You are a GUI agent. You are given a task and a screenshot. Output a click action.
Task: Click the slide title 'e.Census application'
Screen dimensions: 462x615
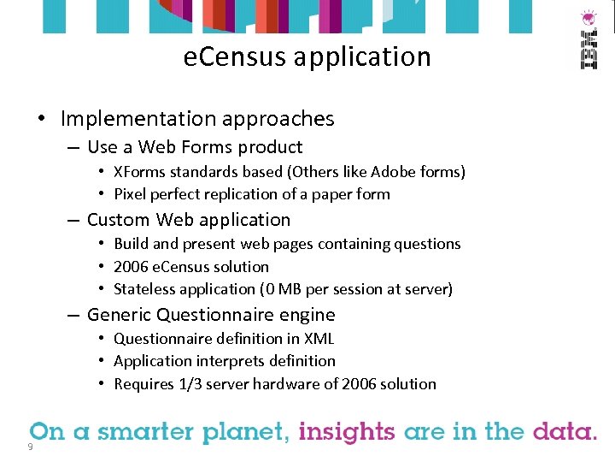307,57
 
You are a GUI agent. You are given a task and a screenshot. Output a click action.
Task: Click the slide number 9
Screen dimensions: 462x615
30,447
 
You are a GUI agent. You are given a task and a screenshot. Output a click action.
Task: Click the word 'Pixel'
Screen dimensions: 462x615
131,194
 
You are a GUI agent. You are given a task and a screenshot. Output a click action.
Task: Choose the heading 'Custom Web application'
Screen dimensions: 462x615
189,220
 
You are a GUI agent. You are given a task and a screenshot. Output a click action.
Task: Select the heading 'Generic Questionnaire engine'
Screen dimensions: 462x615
211,315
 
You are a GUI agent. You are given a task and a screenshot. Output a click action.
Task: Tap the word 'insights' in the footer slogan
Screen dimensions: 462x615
348,432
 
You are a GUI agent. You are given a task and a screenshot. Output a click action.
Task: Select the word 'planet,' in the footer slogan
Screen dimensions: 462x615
246,433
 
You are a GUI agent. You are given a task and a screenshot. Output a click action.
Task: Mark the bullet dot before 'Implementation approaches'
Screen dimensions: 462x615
42,119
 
